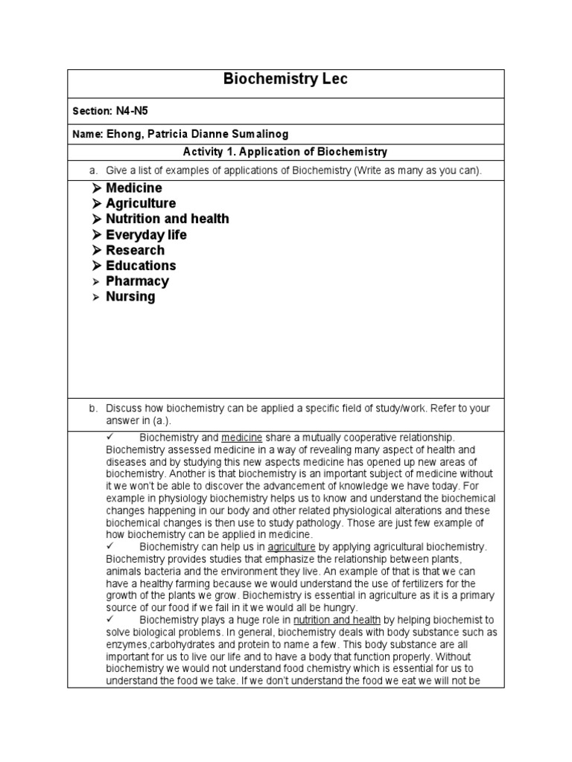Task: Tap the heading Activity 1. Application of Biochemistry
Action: tap(285, 152)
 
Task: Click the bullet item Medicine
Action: tap(133, 188)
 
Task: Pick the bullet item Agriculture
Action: tap(141, 204)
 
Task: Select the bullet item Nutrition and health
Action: tap(167, 219)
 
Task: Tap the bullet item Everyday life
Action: tap(146, 235)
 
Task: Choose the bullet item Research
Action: tap(135, 250)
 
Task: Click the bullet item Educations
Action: tap(141, 266)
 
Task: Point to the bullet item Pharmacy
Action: tap(137, 281)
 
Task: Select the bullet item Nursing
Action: tap(130, 297)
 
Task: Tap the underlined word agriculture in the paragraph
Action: tap(292, 547)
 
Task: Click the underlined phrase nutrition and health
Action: tap(337, 620)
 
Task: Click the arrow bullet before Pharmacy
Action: tap(96, 282)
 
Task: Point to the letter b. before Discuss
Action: tap(93, 409)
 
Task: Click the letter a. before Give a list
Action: tap(93, 171)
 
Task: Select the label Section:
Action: tap(91, 111)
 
